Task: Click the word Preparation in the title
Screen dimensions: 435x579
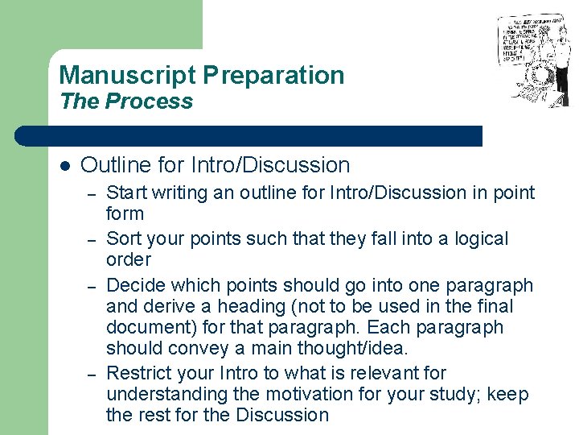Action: pyautogui.click(x=273, y=76)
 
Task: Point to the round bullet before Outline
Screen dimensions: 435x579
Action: pyautogui.click(x=64, y=166)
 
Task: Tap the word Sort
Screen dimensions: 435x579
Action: pyautogui.click(x=123, y=239)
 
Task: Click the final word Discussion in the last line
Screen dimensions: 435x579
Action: pyautogui.click(x=283, y=416)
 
